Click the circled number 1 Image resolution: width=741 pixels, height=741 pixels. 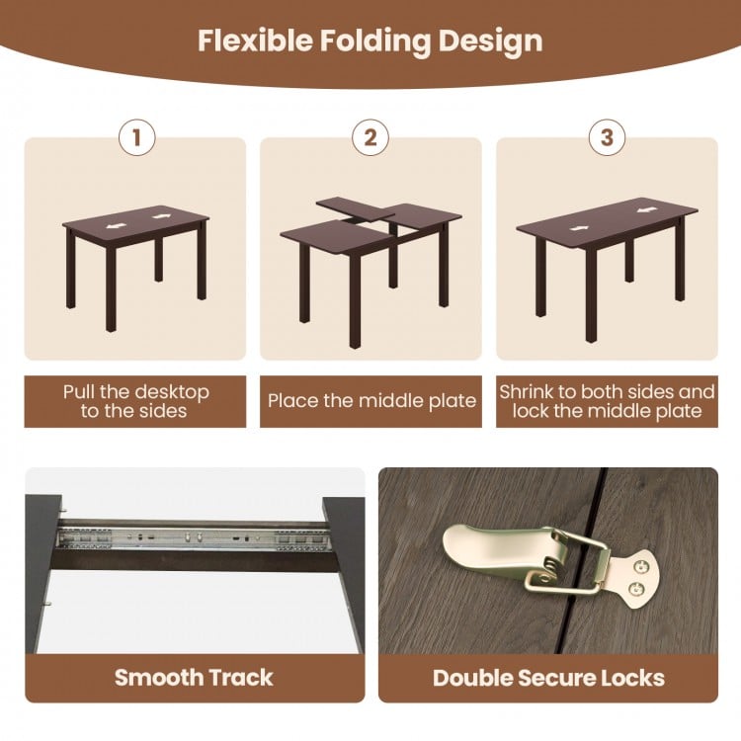pyautogui.click(x=136, y=137)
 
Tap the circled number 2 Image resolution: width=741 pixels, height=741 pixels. pyautogui.click(x=370, y=137)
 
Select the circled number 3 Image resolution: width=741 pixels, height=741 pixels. pyautogui.click(x=607, y=137)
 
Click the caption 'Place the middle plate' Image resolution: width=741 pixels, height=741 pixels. pyautogui.click(x=371, y=401)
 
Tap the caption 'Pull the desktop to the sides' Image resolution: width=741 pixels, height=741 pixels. pyautogui.click(x=135, y=401)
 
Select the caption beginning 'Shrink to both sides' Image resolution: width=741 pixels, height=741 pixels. pyautogui.click(x=607, y=401)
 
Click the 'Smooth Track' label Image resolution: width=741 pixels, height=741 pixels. pyautogui.click(x=194, y=677)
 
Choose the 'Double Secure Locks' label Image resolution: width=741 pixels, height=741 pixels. pyautogui.click(x=548, y=677)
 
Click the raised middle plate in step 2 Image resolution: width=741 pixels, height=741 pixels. pyautogui.click(x=351, y=208)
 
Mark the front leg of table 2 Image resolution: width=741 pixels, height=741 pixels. pyautogui.click(x=355, y=296)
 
